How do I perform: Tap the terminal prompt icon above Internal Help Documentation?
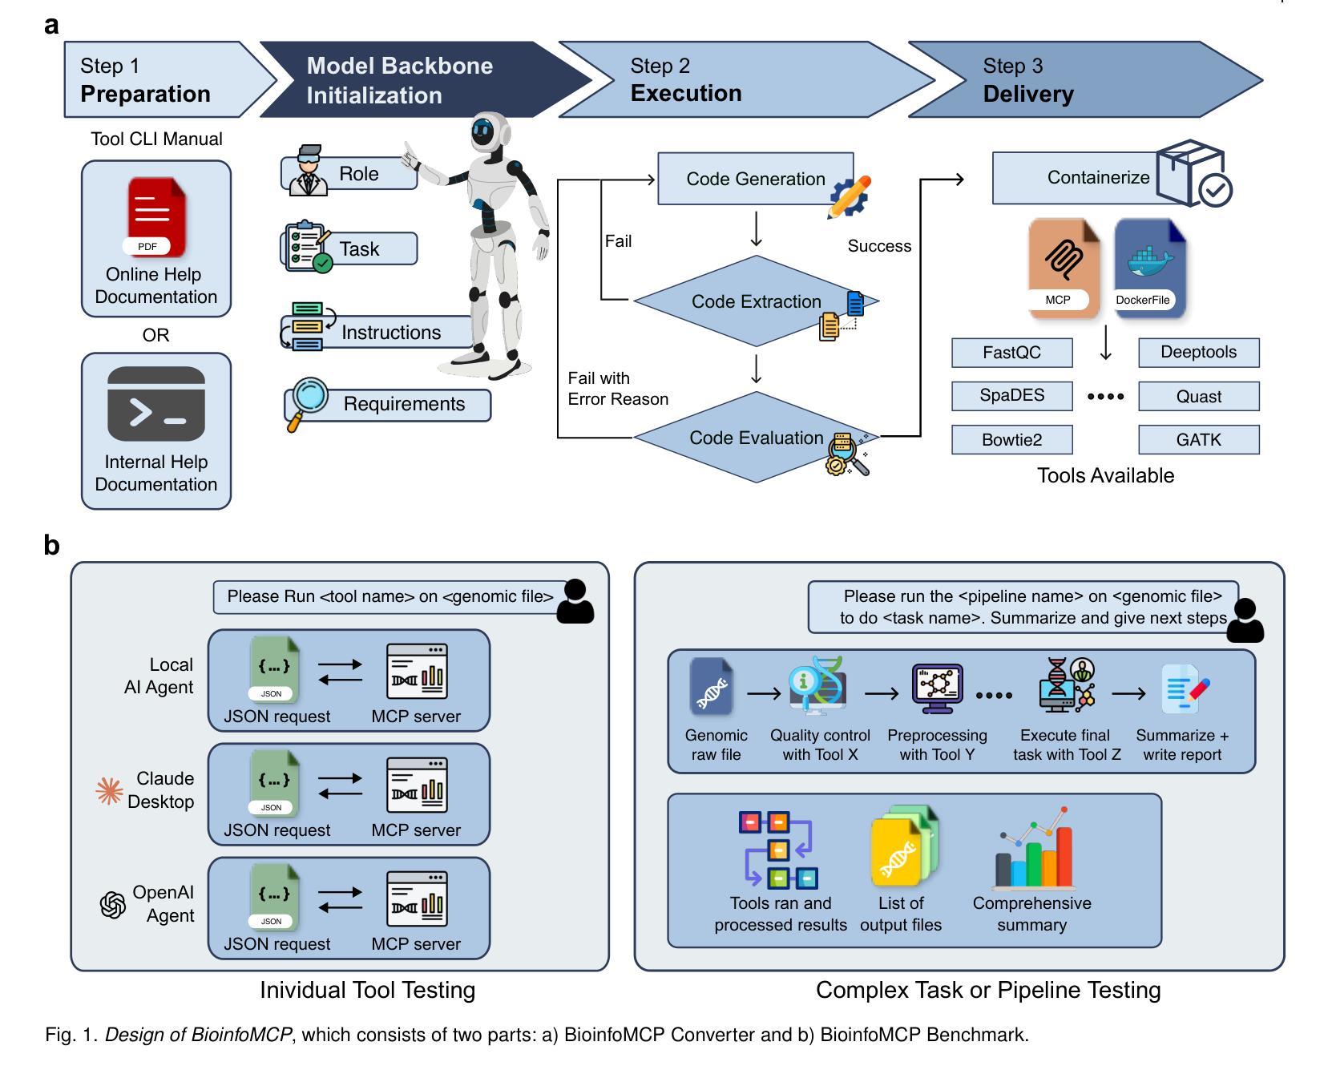[x=156, y=403]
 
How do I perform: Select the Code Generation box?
[x=755, y=179]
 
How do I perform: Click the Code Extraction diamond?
[x=756, y=301]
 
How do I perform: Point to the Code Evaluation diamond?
[x=756, y=438]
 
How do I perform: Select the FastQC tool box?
[x=1011, y=353]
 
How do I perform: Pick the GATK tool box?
[x=1198, y=440]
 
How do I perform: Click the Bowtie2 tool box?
[x=1011, y=440]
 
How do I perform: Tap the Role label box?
[x=359, y=174]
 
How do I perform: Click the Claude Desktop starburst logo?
[x=109, y=790]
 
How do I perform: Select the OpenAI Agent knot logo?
[x=112, y=905]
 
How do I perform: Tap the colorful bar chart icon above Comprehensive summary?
[x=1033, y=850]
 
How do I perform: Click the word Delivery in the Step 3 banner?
[x=1028, y=94]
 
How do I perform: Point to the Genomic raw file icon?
[x=712, y=687]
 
